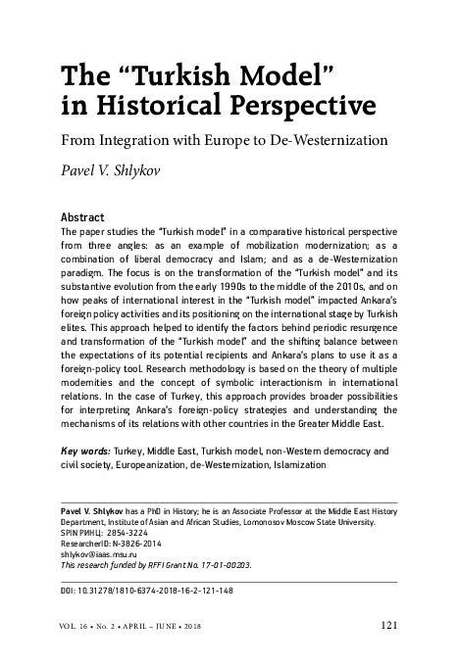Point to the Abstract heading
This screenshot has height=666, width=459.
tap(84, 216)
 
